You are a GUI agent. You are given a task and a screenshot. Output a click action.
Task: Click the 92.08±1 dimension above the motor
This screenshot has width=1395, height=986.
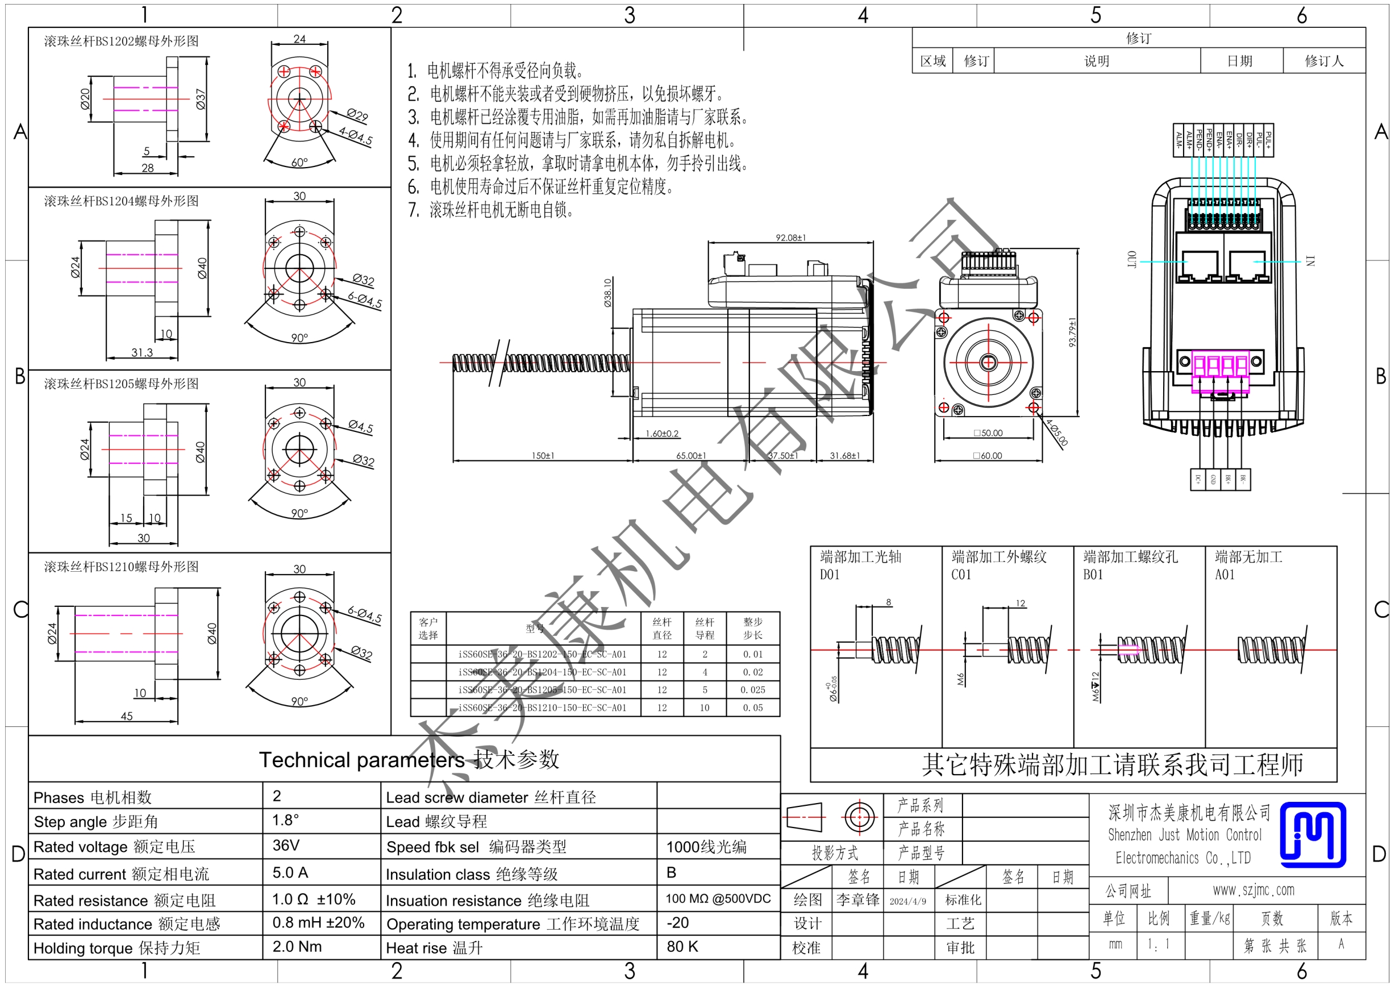click(790, 238)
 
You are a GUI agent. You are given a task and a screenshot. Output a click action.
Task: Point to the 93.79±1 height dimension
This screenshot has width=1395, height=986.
click(1072, 332)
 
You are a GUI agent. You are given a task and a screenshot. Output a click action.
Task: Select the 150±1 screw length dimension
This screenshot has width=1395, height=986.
click(542, 456)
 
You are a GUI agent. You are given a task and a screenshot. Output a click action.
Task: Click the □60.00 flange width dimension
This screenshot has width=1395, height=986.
click(988, 456)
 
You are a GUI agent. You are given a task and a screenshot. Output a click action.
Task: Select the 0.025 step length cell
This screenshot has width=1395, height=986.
click(752, 690)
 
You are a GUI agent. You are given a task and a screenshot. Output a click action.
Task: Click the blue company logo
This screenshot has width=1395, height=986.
click(1313, 834)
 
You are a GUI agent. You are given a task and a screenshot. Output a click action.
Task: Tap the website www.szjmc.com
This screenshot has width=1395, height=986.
click(1254, 890)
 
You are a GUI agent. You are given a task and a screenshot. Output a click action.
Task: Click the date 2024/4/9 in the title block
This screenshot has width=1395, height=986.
click(907, 901)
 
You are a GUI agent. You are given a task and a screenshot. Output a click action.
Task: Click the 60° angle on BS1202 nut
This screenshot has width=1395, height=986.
click(299, 163)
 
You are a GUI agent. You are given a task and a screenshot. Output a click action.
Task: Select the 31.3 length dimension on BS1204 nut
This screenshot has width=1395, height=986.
click(142, 352)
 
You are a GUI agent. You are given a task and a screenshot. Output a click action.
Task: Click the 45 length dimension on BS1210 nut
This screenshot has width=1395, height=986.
click(126, 716)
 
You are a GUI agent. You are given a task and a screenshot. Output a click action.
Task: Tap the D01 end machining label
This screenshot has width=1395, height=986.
click(830, 575)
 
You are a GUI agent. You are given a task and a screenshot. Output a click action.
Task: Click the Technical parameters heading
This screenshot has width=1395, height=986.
click(409, 759)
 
